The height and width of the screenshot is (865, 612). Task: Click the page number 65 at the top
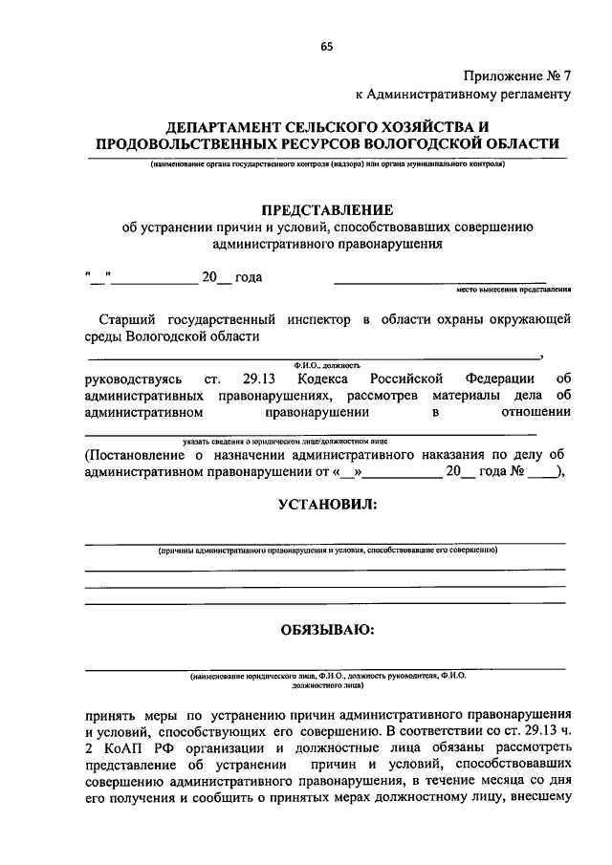coord(327,46)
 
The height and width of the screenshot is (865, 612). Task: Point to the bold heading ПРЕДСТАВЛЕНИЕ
coord(327,209)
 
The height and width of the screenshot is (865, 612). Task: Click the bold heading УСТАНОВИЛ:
coord(327,504)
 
